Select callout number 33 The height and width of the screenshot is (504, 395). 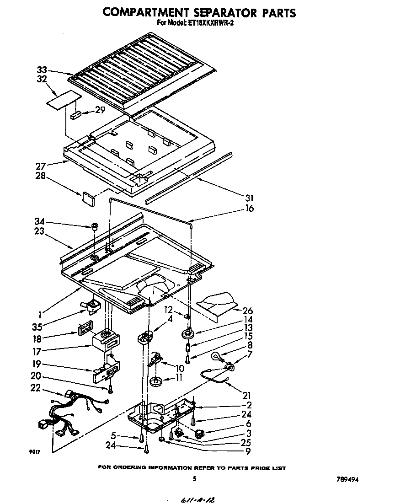click(x=42, y=70)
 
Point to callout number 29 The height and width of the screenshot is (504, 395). click(x=100, y=110)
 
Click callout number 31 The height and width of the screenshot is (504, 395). click(x=249, y=198)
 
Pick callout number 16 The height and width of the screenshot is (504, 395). click(x=249, y=209)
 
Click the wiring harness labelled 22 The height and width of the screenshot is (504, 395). click(x=73, y=414)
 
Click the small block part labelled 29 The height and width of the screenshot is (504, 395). click(x=76, y=114)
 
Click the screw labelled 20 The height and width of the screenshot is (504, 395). click(x=110, y=389)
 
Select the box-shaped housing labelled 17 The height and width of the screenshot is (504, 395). click(x=107, y=340)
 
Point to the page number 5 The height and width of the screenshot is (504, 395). click(x=194, y=478)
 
